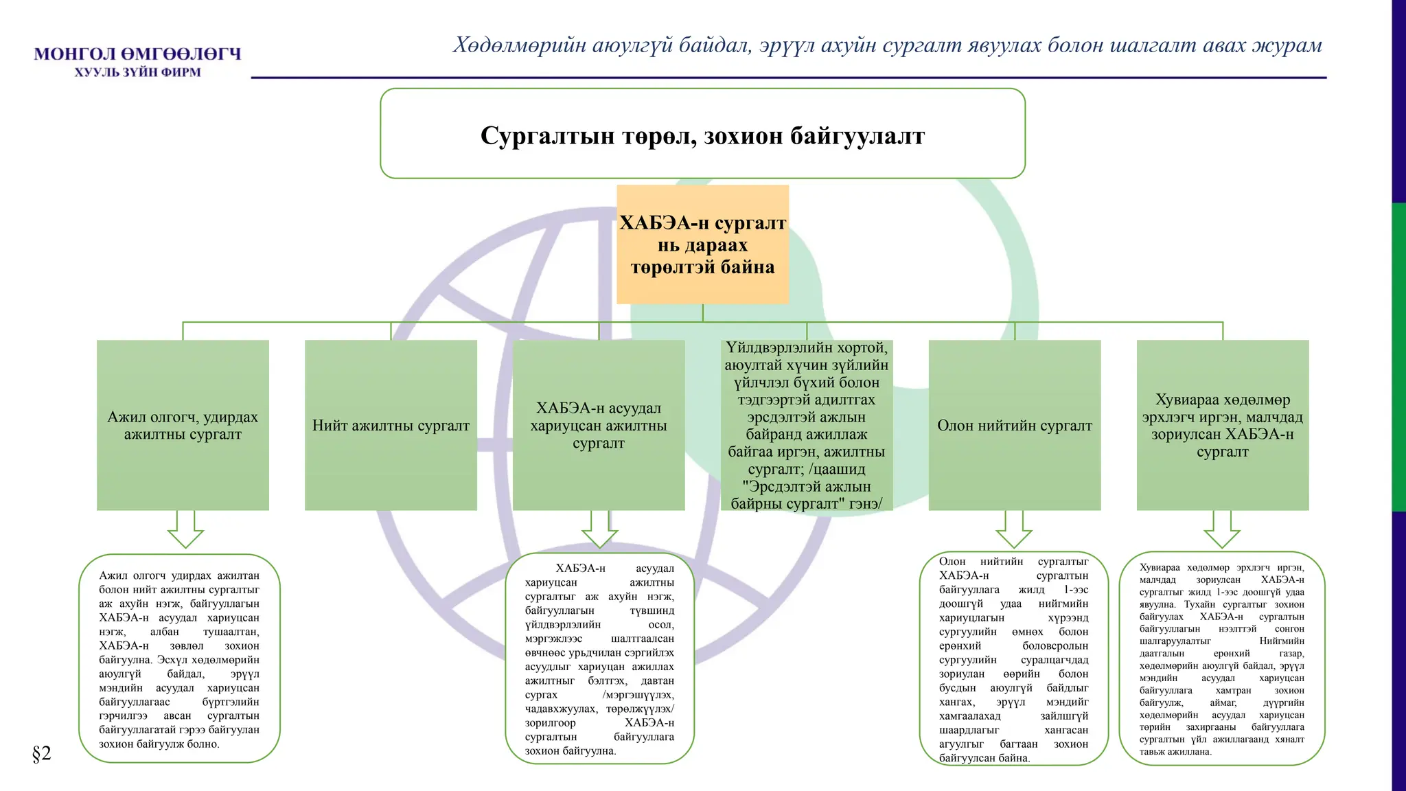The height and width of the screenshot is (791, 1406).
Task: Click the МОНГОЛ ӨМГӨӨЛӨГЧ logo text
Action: pos(137,54)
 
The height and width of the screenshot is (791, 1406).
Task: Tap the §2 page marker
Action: pos(41,753)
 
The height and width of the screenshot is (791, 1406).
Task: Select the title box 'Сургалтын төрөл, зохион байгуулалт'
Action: pos(702,135)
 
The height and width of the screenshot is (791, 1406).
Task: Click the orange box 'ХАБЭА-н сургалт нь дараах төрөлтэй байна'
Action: pos(702,244)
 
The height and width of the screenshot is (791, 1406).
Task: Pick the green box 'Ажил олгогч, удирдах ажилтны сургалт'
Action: pos(183,425)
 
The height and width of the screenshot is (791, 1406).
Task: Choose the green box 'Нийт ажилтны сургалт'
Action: pos(391,425)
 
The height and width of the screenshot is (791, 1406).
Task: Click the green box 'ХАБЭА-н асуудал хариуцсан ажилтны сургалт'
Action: pos(599,425)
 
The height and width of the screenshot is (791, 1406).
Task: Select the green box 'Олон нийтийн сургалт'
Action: pos(1015,425)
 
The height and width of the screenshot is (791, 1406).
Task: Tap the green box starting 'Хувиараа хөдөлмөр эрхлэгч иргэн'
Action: pos(1223,425)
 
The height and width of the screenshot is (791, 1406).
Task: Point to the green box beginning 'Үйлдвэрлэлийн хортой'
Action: pos(807,425)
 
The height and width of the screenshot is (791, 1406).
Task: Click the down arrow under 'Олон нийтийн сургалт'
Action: pos(1014,529)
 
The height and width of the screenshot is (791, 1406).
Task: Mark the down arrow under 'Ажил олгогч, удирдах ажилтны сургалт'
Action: pos(185,529)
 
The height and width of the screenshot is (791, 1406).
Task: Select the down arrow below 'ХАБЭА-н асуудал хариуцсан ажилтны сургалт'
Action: pos(599,529)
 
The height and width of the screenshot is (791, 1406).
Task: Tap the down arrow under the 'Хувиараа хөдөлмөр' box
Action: pos(1222,529)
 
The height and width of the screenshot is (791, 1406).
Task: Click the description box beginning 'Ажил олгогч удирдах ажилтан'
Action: pos(179,658)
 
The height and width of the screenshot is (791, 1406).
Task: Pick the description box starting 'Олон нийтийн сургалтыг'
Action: pos(1013,658)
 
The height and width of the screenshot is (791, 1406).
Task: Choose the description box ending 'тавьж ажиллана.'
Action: pos(1222,658)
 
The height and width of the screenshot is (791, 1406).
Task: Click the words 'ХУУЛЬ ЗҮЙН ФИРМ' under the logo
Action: pos(137,72)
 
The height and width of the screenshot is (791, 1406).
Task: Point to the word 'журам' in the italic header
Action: pos(1287,45)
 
